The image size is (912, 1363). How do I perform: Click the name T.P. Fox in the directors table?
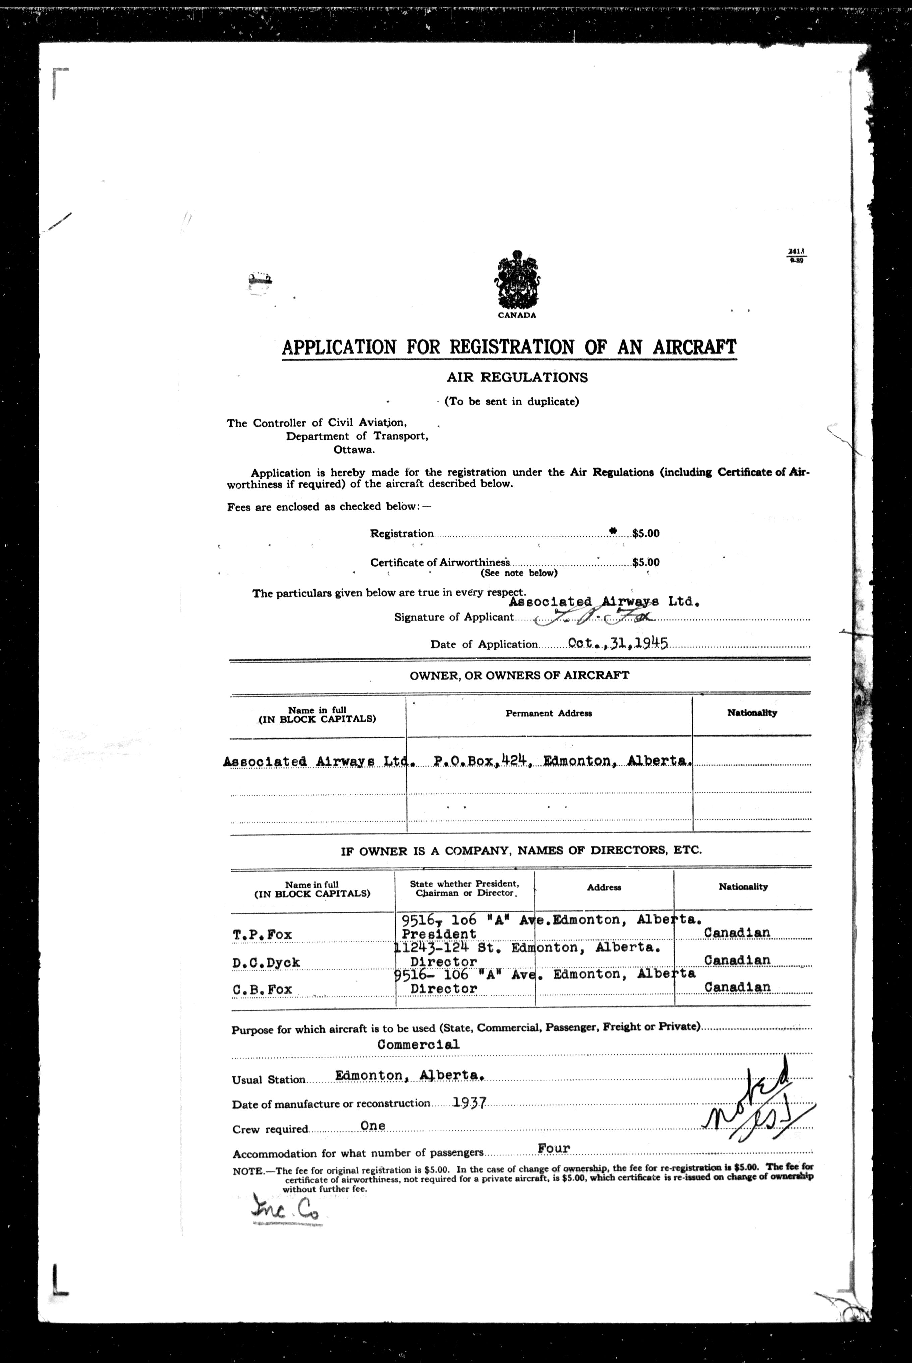262,935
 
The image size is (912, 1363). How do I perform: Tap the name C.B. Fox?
262,989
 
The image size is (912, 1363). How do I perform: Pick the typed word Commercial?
418,1044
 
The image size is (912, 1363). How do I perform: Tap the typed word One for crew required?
373,1126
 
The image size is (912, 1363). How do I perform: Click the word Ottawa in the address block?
354,450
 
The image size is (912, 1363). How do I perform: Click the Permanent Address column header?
549,713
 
